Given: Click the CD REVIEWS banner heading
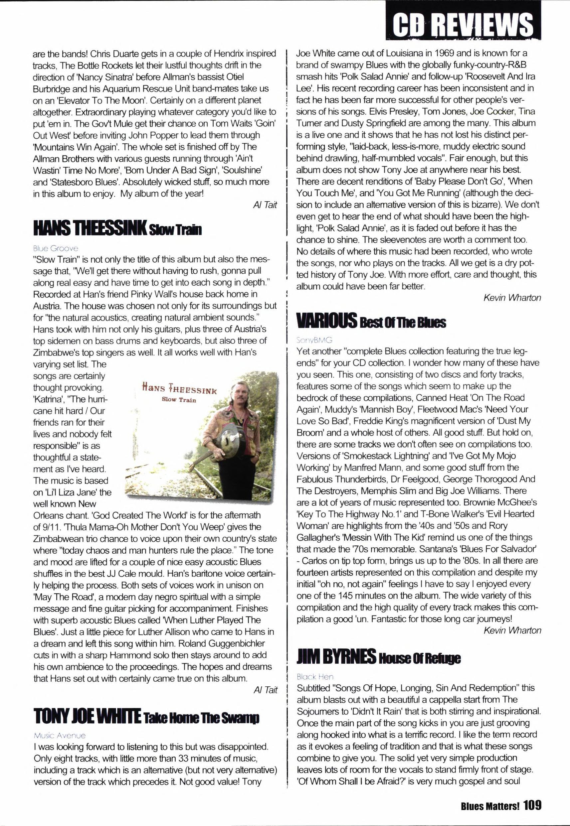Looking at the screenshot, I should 463,23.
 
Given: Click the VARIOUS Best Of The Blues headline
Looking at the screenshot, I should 371,321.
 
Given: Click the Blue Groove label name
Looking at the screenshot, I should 55,248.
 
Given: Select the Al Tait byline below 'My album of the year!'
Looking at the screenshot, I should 265,205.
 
